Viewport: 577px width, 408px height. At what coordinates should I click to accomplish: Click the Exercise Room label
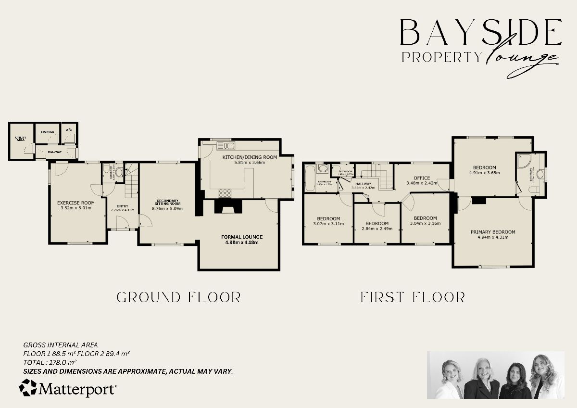75,203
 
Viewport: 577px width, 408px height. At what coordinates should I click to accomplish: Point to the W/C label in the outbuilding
69,129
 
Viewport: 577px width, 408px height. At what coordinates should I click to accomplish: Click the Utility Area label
20,139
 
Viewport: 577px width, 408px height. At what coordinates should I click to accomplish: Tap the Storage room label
47,131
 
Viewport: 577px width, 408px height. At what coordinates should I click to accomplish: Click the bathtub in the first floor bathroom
310,178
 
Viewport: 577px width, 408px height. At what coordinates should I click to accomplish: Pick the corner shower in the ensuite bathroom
523,161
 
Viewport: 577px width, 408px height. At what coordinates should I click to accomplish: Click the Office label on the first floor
422,178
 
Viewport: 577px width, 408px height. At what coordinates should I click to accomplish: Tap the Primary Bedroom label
493,232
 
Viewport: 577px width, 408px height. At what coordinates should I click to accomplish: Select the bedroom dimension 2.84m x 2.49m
377,229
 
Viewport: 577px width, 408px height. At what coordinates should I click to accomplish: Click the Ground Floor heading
178,297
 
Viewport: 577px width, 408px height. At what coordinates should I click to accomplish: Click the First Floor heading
413,297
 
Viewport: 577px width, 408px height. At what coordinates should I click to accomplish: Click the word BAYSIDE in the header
480,33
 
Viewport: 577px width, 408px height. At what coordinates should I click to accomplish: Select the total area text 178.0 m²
50,362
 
